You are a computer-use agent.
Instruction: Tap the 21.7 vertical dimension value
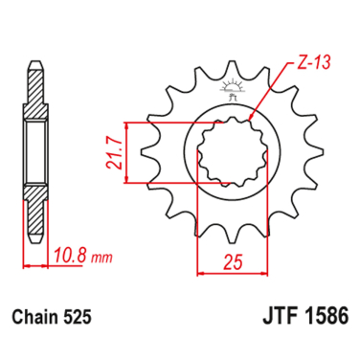point(113,152)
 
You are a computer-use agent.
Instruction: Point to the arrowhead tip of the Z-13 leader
point(250,120)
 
